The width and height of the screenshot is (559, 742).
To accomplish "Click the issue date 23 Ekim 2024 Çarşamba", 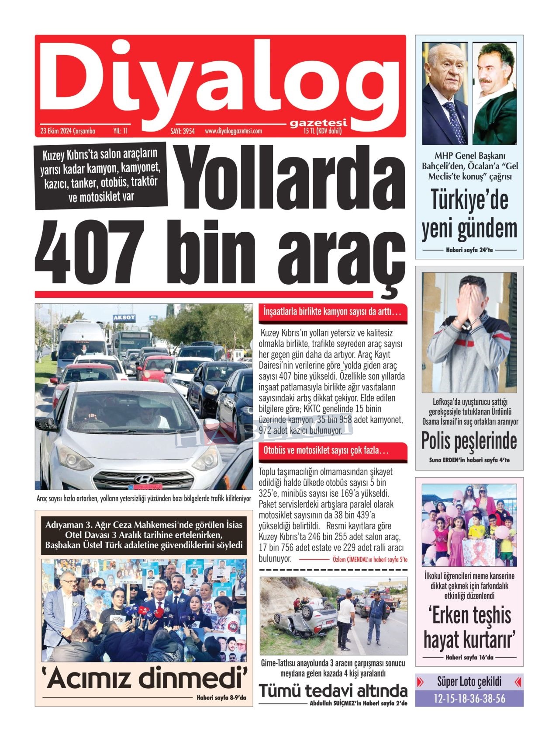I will tap(68, 131).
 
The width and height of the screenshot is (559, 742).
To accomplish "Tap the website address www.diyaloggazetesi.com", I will tap(233, 131).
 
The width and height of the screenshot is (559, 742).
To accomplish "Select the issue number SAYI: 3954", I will tap(182, 131).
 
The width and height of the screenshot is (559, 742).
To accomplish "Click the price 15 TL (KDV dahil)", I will tap(323, 131).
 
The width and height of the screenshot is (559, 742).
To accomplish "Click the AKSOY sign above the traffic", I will tap(124, 317).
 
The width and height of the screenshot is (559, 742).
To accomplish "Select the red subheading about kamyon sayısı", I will tap(332, 312).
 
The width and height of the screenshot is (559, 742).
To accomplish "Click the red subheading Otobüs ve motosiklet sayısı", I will tap(326, 450).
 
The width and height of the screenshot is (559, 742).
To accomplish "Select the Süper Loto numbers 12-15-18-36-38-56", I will tap(469, 698).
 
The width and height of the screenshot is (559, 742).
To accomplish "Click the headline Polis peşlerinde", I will tap(469, 440).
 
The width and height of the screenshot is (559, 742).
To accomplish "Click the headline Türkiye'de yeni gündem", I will tap(469, 214).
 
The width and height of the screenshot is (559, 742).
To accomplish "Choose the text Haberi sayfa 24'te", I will tap(469, 250).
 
